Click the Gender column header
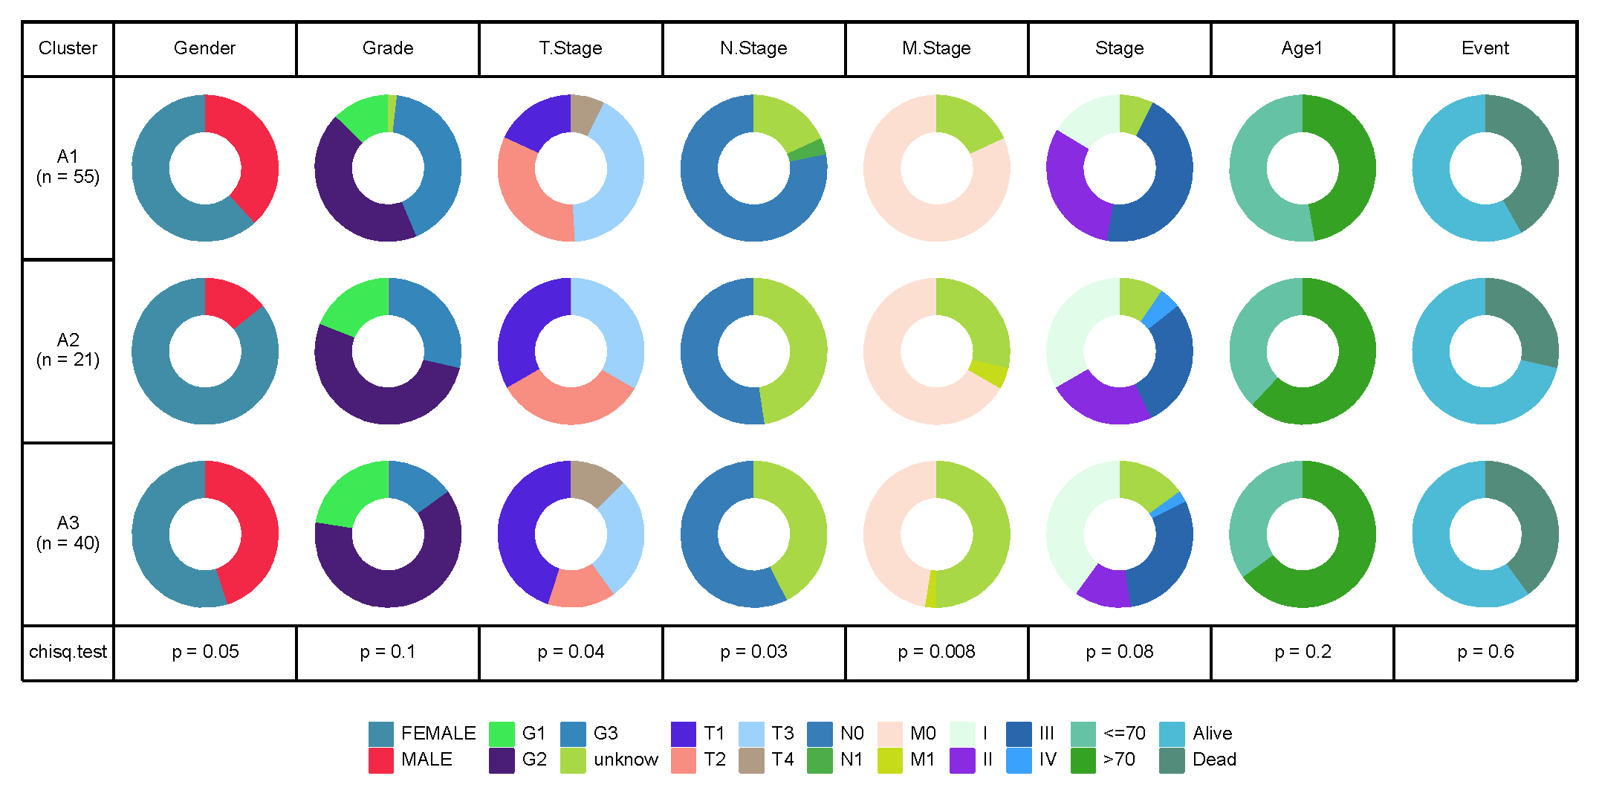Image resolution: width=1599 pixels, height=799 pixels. pyautogui.click(x=204, y=48)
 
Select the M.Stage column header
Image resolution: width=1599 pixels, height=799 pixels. pyautogui.click(x=936, y=48)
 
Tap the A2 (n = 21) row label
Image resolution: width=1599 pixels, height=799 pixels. pyautogui.click(x=68, y=350)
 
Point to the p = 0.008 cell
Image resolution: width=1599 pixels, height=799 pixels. pyautogui.click(x=936, y=652)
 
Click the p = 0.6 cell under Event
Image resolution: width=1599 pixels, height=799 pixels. pyautogui.click(x=1485, y=652)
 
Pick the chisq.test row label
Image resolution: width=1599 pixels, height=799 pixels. pyautogui.click(x=68, y=652)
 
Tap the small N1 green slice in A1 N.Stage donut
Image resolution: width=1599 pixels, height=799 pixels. pyautogui.click(x=807, y=150)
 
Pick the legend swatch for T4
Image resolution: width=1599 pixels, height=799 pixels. pyautogui.click(x=751, y=760)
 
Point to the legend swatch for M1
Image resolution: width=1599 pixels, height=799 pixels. pyautogui.click(x=889, y=760)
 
